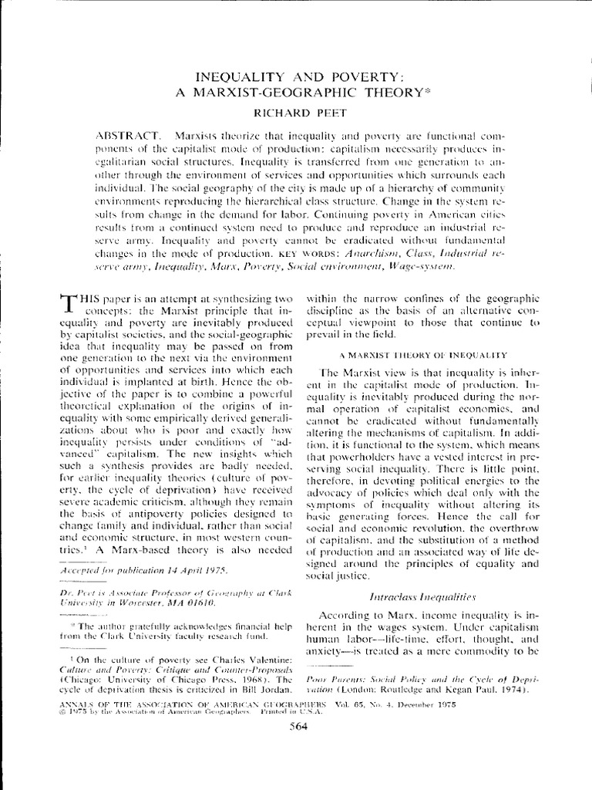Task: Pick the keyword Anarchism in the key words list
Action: (391, 252)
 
